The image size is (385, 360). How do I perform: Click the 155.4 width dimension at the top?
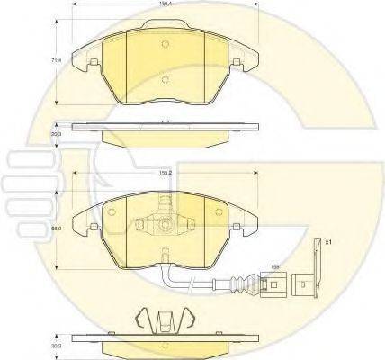click(164, 4)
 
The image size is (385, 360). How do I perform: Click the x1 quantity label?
click(328, 241)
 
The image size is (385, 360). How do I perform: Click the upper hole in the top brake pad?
click(164, 47)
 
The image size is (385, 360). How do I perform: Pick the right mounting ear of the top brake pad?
click(237, 61)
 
